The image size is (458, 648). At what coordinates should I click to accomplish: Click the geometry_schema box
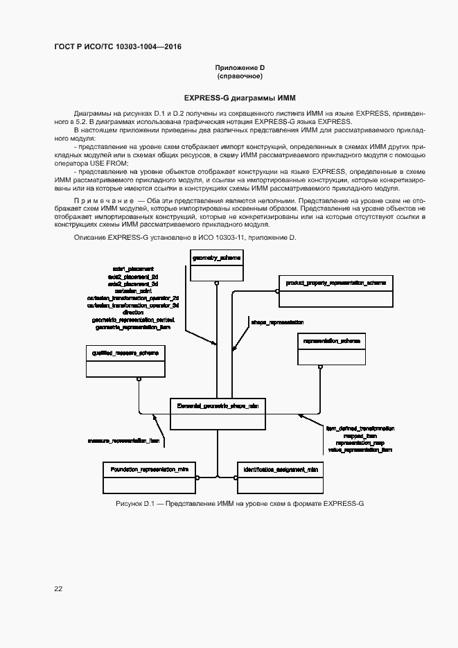(x=216, y=266)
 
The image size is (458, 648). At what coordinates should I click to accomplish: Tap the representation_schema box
(x=331, y=349)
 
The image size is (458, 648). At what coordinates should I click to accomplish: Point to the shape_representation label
(x=277, y=322)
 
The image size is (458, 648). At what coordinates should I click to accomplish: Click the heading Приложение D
(x=240, y=67)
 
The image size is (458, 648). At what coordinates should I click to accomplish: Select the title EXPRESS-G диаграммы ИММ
(x=240, y=98)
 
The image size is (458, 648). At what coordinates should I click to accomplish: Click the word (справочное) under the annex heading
(x=240, y=76)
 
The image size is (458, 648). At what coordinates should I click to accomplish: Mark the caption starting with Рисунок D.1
(x=239, y=502)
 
